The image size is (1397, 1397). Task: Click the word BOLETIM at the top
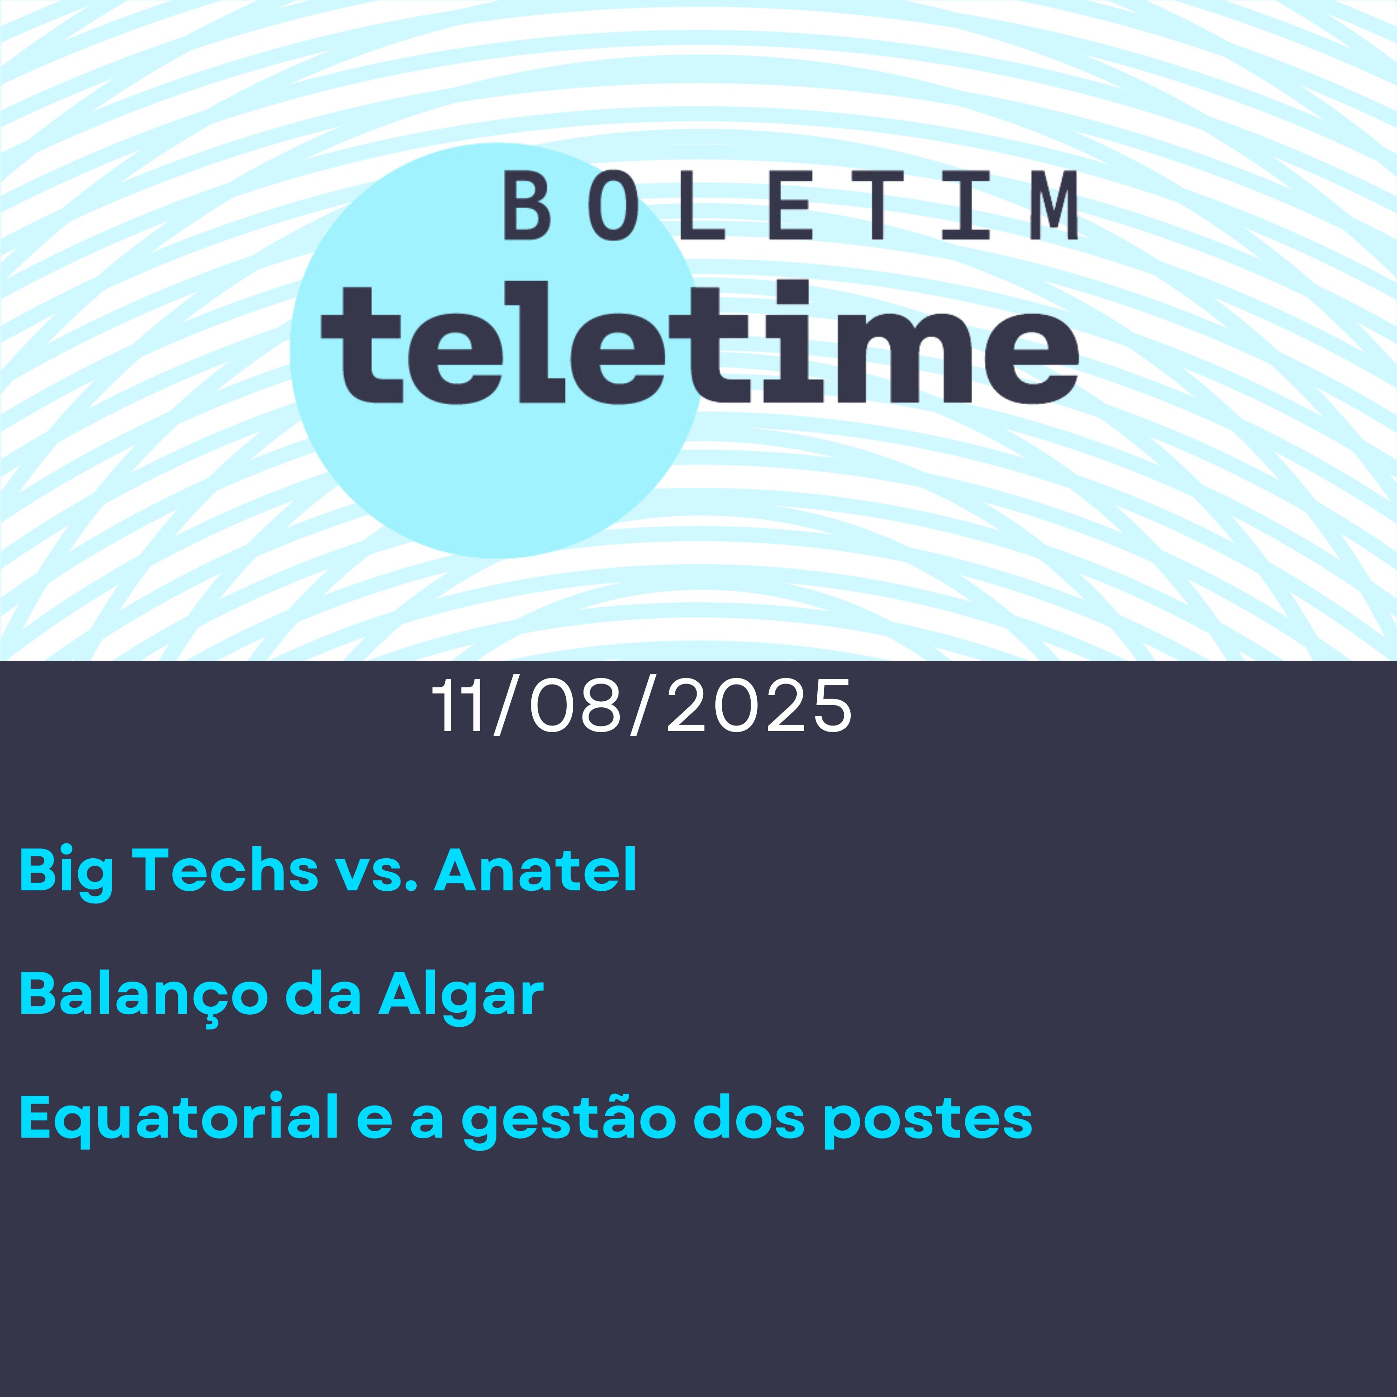click(x=790, y=207)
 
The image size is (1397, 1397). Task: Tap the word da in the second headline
click(x=323, y=994)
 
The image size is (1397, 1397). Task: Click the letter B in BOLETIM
click(x=526, y=207)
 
